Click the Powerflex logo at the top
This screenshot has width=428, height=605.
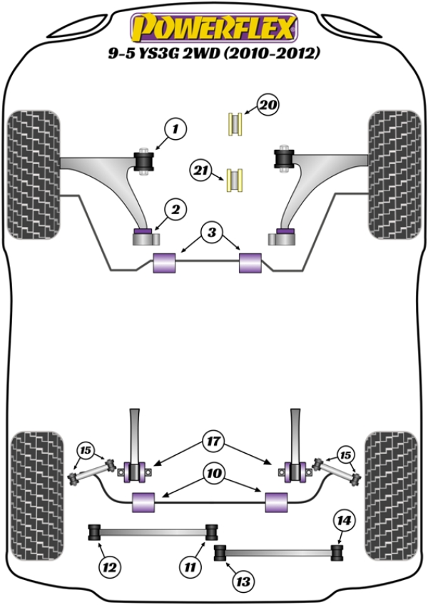(213, 28)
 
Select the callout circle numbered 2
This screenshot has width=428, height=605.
(175, 209)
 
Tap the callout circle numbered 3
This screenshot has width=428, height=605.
(212, 232)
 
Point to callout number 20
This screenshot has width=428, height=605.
(267, 107)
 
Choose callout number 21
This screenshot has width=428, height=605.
(202, 171)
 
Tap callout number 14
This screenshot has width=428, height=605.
(344, 521)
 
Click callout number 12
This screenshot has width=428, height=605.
(108, 568)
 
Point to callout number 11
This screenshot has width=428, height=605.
(189, 568)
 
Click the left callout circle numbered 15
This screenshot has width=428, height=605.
(86, 450)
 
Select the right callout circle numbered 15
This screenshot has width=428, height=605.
(345, 454)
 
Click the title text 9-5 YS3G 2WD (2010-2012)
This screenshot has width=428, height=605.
(213, 53)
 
